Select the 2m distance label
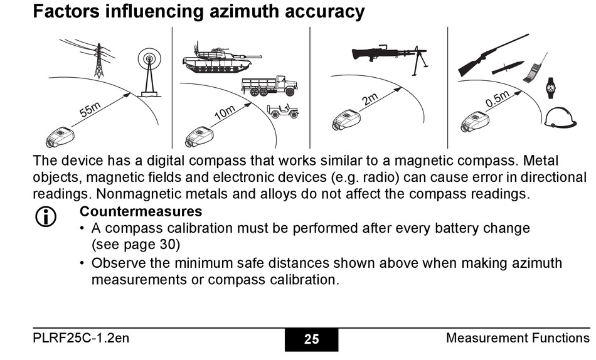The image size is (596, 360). (370, 99)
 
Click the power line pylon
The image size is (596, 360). (98, 58)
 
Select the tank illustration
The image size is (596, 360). (215, 58)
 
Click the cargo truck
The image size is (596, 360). (269, 86)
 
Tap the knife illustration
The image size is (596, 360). (508, 68)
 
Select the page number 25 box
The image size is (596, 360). (311, 339)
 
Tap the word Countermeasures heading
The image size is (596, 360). (141, 211)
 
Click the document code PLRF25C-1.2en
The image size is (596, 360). (81, 339)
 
